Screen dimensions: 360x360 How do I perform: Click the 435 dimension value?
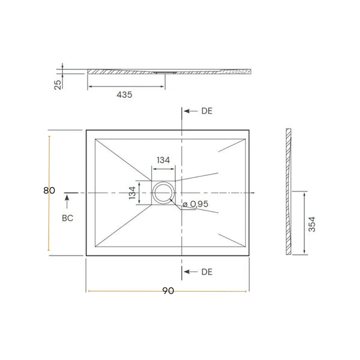click(124, 94)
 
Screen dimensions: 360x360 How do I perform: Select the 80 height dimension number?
click(49, 190)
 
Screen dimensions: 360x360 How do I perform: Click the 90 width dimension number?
click(168, 290)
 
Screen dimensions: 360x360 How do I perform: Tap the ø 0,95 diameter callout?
click(195, 204)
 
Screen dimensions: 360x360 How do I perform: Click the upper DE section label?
click(207, 111)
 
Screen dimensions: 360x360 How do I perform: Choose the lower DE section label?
click(207, 272)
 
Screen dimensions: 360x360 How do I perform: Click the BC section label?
click(67, 218)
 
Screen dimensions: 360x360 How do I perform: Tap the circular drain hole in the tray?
click(163, 192)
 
